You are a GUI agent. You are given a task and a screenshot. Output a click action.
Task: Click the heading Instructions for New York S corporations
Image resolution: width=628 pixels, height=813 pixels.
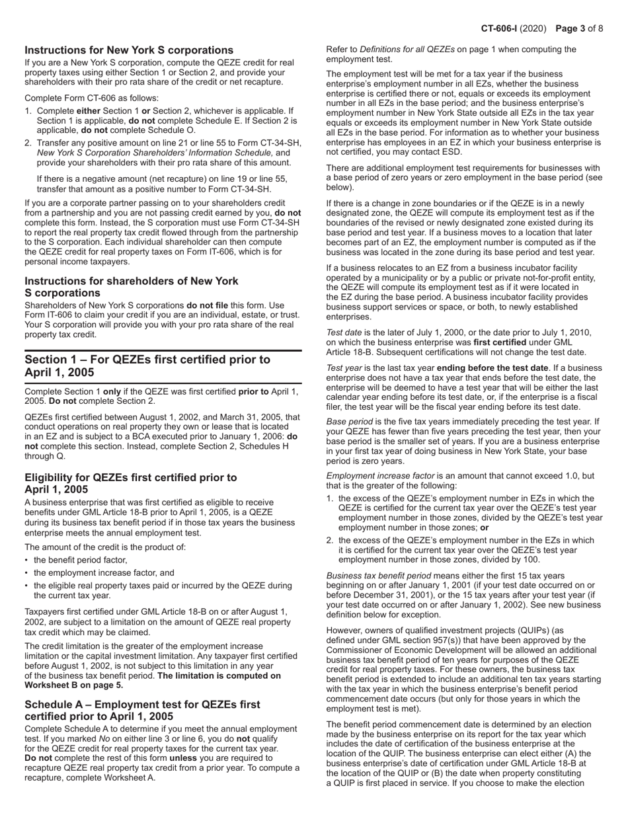129,50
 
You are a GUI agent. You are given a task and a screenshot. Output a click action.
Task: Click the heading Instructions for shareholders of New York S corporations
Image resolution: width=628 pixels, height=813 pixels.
132,287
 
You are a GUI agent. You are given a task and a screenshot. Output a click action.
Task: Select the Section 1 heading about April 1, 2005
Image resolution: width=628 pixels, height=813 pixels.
147,366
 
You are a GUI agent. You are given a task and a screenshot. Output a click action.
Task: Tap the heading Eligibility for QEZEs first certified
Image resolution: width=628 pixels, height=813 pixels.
130,483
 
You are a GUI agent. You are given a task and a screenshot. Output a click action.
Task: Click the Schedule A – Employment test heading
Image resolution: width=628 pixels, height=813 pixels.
142,711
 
